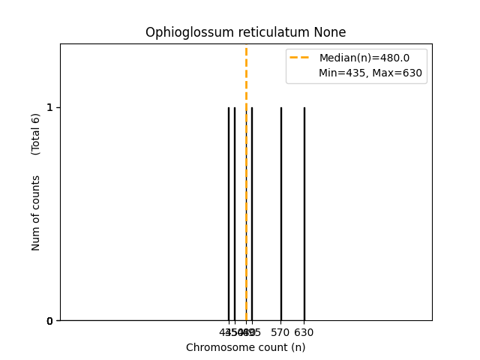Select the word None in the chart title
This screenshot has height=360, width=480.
point(331,33)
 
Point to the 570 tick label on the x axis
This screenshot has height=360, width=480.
point(280,332)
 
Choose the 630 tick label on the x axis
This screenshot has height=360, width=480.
point(304,332)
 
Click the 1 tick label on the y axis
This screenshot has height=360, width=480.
point(49,107)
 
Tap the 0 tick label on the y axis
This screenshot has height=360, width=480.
point(49,321)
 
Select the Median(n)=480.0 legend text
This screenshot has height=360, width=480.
point(364,58)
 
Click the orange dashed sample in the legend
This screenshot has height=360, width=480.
point(300,58)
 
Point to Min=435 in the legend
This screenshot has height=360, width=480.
point(342,73)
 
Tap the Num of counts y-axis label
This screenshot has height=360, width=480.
point(36,213)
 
